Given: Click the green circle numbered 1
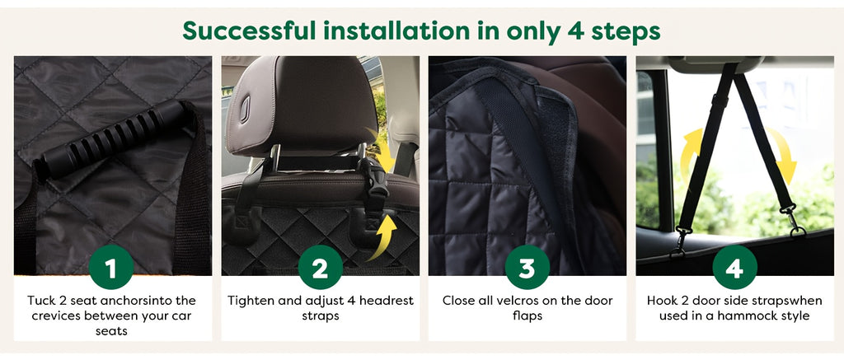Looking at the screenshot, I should pyautogui.click(x=112, y=267).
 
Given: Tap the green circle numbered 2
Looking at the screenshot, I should pyautogui.click(x=320, y=267).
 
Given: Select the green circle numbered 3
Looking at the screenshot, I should pyautogui.click(x=527, y=267).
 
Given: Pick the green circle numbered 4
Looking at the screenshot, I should pyautogui.click(x=734, y=267).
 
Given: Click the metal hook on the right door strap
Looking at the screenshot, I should pyautogui.click(x=793, y=222).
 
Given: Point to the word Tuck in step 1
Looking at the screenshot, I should pyautogui.click(x=43, y=301).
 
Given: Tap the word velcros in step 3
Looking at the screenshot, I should pyautogui.click(x=508, y=301).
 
